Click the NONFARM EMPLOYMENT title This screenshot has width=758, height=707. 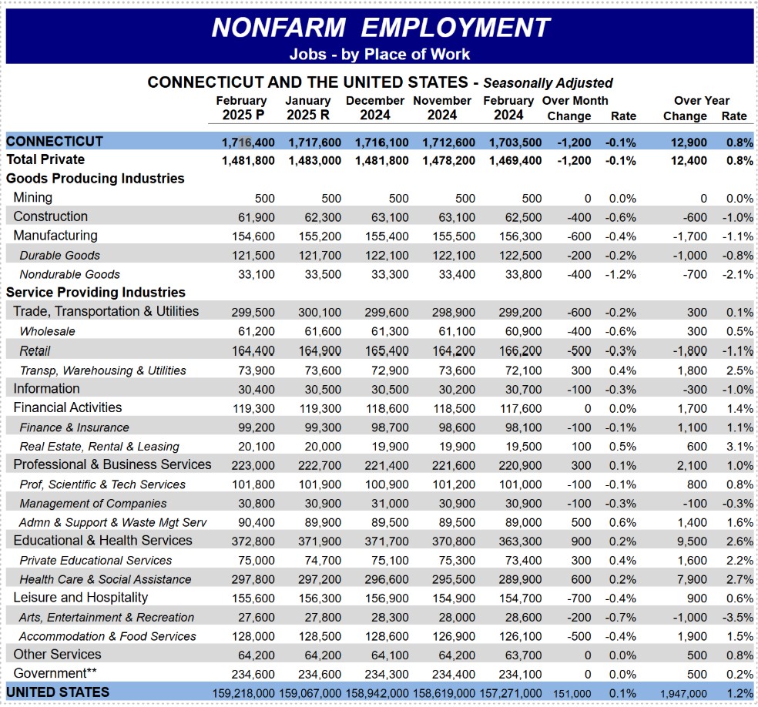pos(381,27)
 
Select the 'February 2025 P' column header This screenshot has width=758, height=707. pos(241,108)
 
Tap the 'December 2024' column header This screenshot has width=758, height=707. pos(374,108)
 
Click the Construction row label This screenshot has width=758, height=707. pos(50,216)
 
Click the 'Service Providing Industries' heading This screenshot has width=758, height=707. pos(96,293)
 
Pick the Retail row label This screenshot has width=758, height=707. pos(35,351)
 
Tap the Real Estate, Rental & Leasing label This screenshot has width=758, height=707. pos(99,447)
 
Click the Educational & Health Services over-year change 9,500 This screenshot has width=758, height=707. pos(691,541)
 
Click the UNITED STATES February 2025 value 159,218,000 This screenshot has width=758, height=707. pos(243,693)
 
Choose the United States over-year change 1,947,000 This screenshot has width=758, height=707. pos(679,694)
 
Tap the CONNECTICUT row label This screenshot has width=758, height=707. pos(54,142)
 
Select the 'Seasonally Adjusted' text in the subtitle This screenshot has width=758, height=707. pos(548,83)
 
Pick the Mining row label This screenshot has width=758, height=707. pos(32,198)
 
